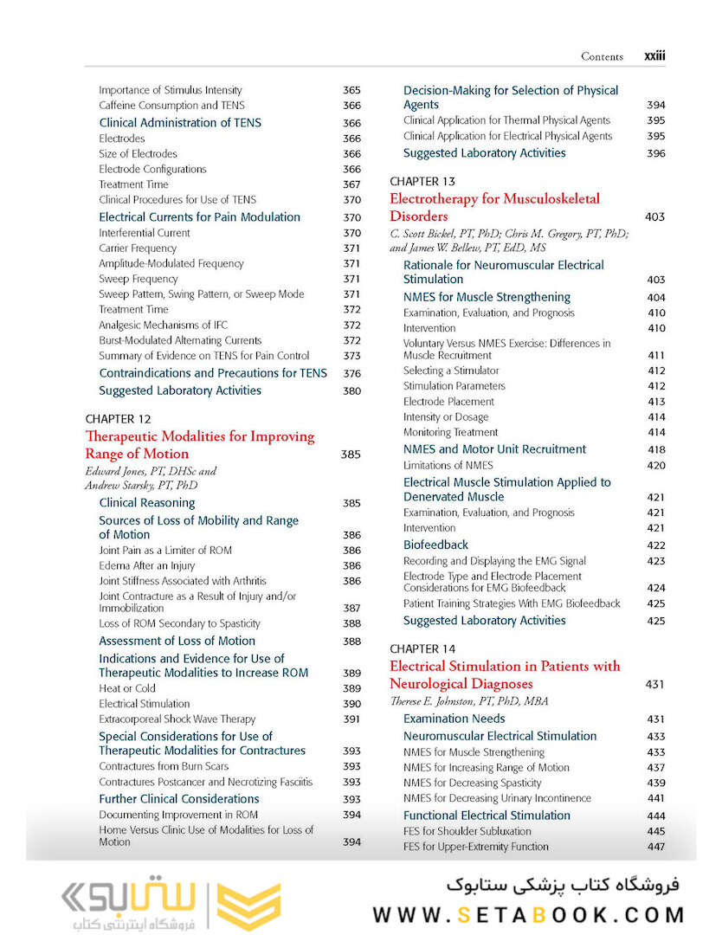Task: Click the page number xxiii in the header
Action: pos(654,56)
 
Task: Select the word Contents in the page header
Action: pos(602,57)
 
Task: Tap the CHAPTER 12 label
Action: pos(118,419)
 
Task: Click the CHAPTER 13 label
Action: pos(422,182)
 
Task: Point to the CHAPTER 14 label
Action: pos(422,648)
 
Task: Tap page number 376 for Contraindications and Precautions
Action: pos(351,374)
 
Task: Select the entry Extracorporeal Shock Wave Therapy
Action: pos(177,719)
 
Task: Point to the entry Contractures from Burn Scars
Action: pos(164,766)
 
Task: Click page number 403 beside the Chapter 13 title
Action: pos(655,217)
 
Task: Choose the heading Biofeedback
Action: pos(435,545)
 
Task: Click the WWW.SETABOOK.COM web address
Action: pos(528,914)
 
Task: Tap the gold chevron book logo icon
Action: pos(248,906)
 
